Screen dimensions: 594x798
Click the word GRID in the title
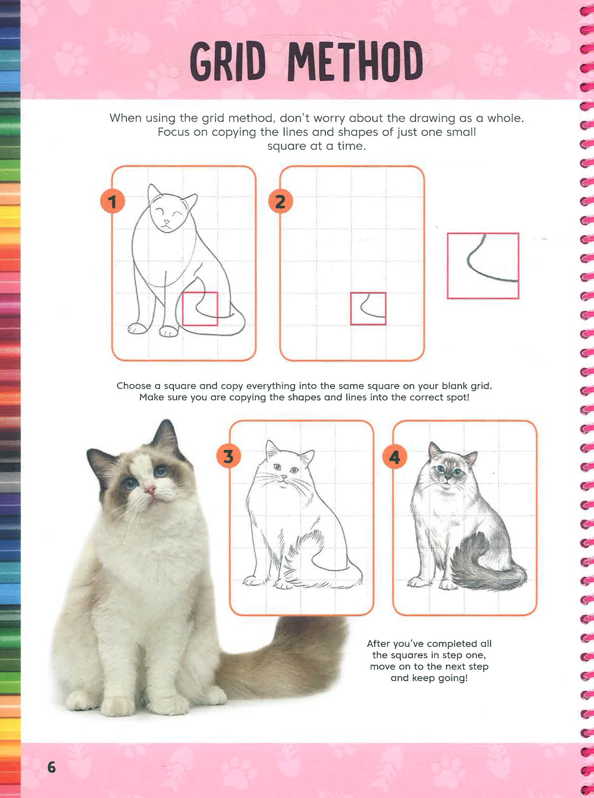coord(228,62)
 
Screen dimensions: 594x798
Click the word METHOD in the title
coord(355,61)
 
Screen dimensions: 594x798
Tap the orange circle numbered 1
coord(112,201)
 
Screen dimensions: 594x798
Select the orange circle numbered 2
coord(280,201)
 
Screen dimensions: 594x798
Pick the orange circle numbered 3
coord(228,456)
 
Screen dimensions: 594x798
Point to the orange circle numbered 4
coord(395,457)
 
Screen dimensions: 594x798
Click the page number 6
coord(51,767)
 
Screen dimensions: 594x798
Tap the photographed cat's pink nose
coord(150,491)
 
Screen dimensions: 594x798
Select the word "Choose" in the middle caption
coord(134,386)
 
